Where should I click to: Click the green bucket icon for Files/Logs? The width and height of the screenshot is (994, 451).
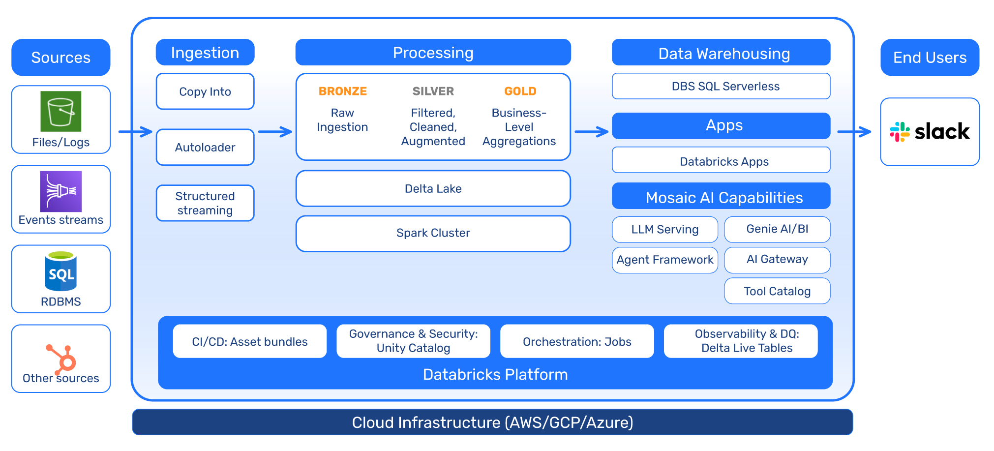[61, 111]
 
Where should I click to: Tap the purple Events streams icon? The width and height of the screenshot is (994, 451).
[61, 191]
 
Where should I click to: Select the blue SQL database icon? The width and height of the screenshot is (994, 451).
[61, 271]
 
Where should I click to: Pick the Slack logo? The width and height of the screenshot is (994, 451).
[930, 132]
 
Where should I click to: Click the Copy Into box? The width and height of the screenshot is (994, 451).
[205, 91]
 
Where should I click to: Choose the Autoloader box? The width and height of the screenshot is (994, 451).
[205, 147]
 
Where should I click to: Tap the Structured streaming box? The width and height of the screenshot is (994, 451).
[205, 203]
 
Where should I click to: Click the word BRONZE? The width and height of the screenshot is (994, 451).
[343, 91]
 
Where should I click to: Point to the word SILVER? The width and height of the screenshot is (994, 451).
[433, 91]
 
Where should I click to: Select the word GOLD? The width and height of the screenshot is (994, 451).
[520, 91]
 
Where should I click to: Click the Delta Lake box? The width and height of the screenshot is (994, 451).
[433, 188]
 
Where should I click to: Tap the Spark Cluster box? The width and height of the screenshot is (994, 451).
[433, 233]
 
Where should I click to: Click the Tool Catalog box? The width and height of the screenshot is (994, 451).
[777, 291]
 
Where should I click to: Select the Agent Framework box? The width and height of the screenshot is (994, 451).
[665, 260]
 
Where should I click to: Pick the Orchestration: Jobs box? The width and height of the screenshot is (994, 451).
[577, 341]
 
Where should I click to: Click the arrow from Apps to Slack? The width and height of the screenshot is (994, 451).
[855, 132]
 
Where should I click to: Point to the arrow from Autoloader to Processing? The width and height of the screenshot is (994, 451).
[275, 132]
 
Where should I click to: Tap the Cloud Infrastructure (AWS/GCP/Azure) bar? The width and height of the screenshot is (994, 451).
[492, 422]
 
